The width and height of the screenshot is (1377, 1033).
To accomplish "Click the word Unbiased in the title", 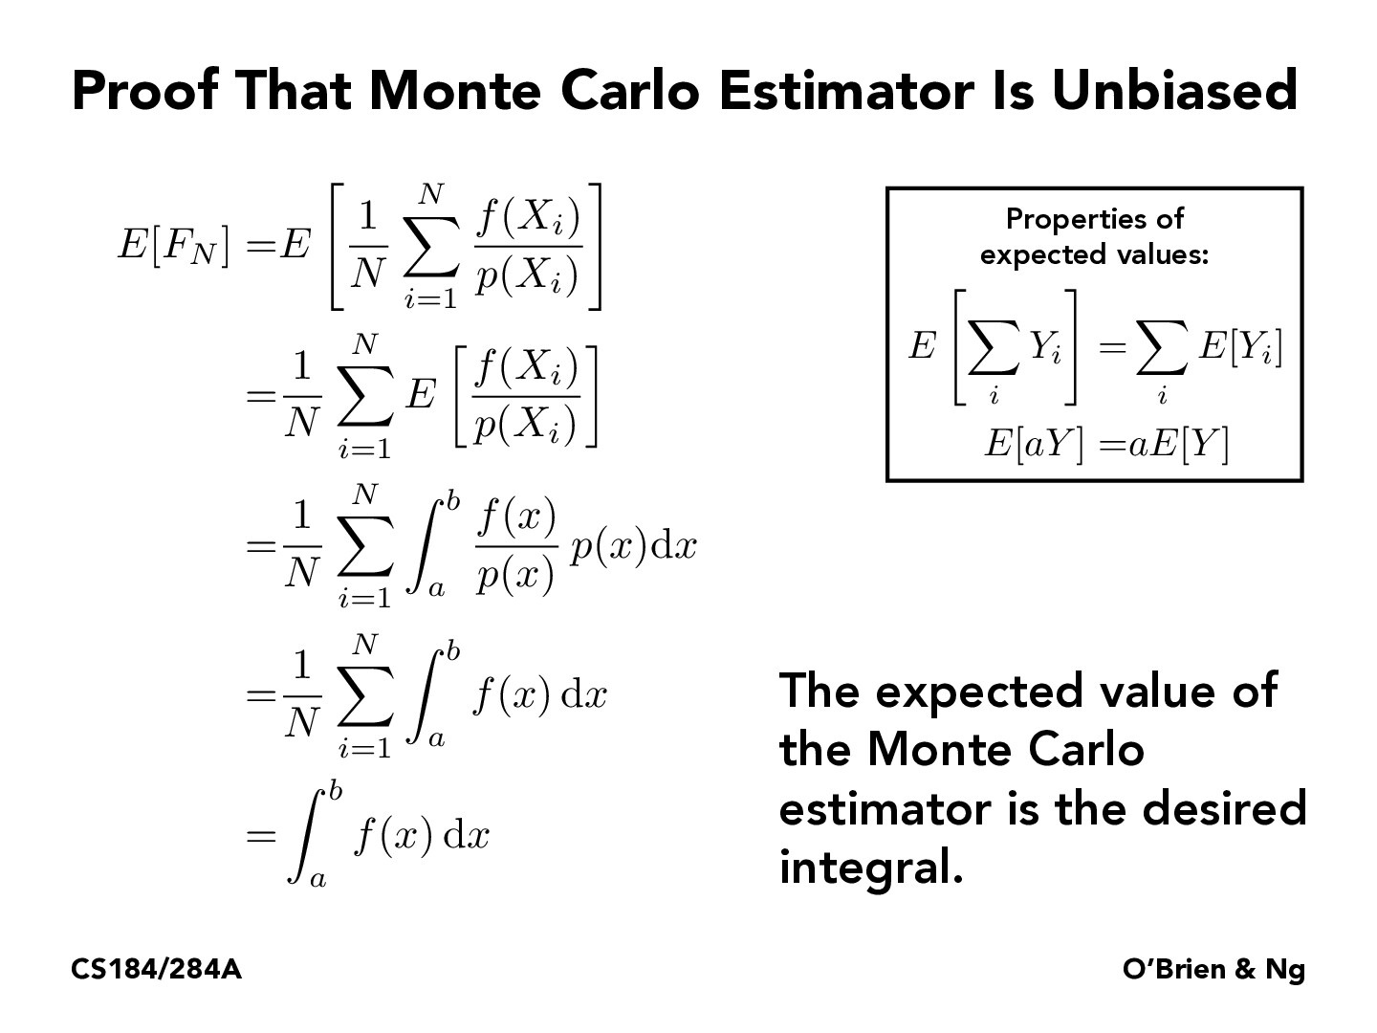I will pos(1174,91).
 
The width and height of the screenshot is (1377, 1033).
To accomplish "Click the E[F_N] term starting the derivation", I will pos(173,246).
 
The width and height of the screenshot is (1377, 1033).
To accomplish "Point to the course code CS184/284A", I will pos(156,970).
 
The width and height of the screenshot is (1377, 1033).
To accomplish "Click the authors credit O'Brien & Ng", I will pos(1213,970).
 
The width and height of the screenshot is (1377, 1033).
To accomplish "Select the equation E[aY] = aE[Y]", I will pos(1105,445).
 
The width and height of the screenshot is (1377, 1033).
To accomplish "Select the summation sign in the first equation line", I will pos(432,247).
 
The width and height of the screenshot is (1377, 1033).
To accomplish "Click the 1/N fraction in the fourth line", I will pos(301,694).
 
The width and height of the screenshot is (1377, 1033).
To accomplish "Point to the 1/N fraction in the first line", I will pos(366,247).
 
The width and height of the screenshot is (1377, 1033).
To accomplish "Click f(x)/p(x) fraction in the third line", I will pos(516,547).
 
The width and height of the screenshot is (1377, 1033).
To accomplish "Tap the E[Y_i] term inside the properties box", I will pos(1240,347).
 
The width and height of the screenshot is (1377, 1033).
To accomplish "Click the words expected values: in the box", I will pos(1094,255).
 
